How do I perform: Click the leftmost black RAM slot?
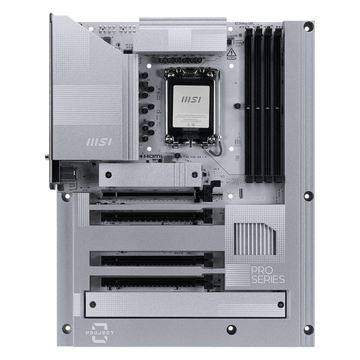[249, 105]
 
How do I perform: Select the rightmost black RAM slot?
[278, 105]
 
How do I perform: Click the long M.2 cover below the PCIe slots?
[184, 305]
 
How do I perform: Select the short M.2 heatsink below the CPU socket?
[150, 175]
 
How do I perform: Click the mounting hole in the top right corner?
[308, 27]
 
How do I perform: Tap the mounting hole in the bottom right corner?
[308, 330]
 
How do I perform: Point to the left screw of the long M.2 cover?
[90, 305]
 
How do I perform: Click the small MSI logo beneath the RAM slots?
[257, 199]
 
